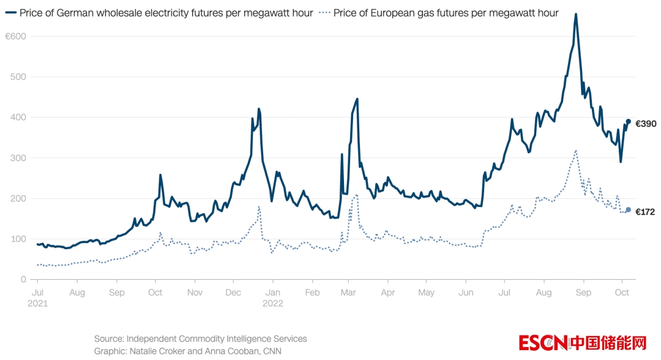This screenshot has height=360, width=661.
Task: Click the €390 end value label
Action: (646, 124)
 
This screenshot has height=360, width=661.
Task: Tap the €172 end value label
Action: (646, 212)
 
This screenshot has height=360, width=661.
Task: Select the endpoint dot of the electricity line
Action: (629, 121)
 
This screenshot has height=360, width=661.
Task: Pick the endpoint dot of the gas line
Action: (629, 209)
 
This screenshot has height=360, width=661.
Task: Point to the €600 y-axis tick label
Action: (16, 37)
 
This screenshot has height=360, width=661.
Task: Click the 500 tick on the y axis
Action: (19, 77)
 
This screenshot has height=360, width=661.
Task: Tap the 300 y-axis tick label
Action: (19, 158)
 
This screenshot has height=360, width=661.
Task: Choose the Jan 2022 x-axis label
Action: (273, 297)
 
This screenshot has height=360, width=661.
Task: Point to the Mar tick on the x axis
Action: (348, 293)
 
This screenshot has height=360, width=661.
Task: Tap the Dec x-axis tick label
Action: (233, 293)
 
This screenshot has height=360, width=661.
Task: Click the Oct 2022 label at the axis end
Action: (622, 293)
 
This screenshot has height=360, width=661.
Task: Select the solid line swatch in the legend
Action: (10, 13)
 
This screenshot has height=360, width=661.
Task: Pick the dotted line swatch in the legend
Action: (324, 13)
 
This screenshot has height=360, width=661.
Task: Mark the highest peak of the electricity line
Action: (576, 14)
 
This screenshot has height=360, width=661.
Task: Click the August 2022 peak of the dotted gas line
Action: (576, 151)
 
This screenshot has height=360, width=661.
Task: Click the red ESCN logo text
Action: (543, 343)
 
